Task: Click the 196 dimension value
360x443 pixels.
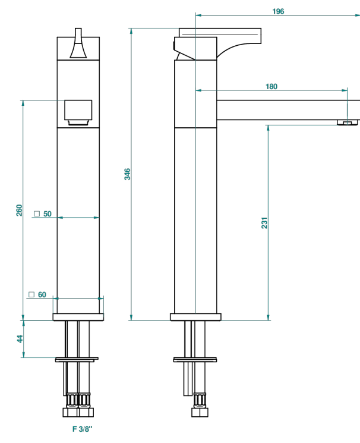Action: point(278,11)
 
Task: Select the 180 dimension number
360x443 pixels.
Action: point(271,86)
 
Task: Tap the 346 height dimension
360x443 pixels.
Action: point(127,174)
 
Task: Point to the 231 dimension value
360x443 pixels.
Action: point(264,222)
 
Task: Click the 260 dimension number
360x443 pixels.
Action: point(19,210)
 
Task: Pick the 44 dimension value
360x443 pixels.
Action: point(20,339)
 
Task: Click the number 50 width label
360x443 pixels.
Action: point(48,214)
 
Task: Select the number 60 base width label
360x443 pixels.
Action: point(42,295)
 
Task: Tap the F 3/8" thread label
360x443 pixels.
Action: point(83,429)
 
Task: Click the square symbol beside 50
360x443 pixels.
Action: point(37,213)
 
